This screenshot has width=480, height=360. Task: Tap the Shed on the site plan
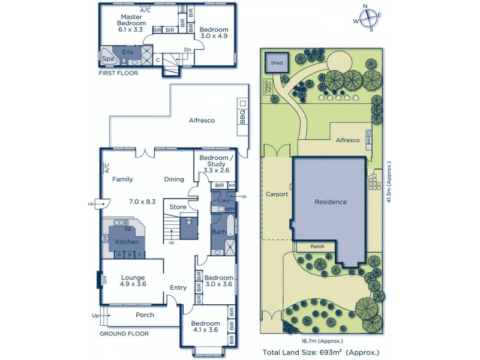pos(277,62)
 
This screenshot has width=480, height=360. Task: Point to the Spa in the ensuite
pos(108,59)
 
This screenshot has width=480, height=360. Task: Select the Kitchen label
pos(127,242)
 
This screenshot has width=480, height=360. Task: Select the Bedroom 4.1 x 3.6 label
pos(205,327)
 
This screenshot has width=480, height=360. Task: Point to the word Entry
pos(178,287)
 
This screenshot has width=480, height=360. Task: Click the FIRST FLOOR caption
pos(118,73)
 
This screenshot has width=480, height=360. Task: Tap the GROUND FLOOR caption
pos(124,334)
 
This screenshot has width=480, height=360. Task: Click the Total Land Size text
pos(321,352)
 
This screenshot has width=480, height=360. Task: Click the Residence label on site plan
pos(331,202)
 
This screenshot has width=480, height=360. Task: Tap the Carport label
pos(277,194)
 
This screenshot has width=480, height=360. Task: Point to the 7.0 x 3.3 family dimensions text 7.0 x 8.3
pos(142,202)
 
